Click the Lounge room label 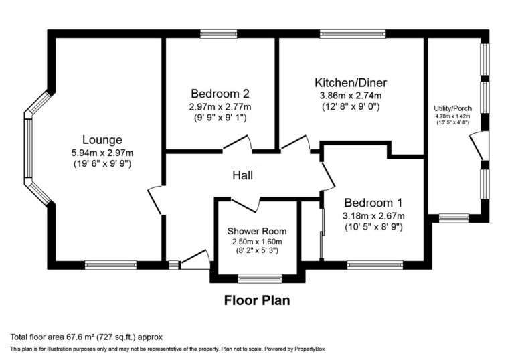[x=102, y=140]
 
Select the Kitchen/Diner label [x=351, y=83]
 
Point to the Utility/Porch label [x=452, y=108]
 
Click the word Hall [x=242, y=175]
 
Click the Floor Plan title [x=256, y=300]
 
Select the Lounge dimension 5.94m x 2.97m [x=102, y=152]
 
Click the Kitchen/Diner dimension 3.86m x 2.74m [x=351, y=95]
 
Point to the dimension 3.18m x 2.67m [x=373, y=215]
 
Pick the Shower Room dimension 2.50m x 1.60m [x=257, y=242]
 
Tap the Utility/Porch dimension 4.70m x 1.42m [x=453, y=116]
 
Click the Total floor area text [x=86, y=337]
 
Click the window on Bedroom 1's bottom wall [x=374, y=264]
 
